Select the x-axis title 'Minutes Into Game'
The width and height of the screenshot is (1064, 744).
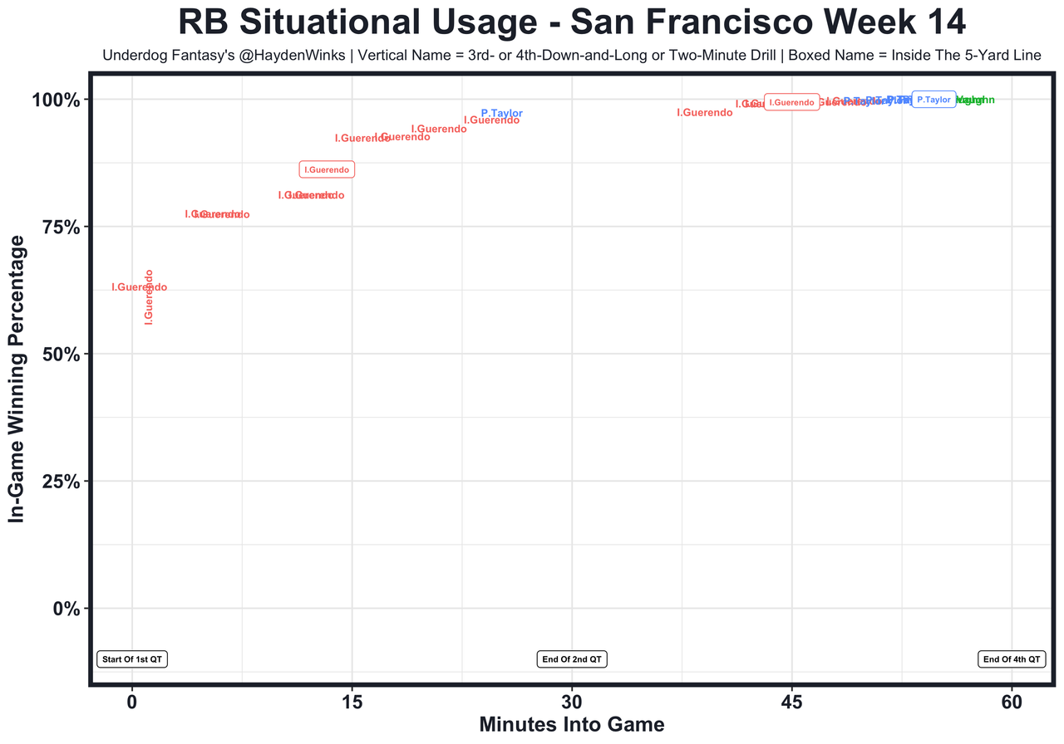(572, 724)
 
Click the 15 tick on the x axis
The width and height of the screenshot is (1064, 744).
(352, 701)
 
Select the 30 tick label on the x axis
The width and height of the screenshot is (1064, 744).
(572, 701)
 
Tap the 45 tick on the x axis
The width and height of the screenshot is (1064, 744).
(791, 701)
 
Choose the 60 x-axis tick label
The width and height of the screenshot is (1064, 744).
(1012, 701)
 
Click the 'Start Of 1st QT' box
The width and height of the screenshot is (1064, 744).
(133, 659)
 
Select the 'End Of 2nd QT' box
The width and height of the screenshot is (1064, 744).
(573, 659)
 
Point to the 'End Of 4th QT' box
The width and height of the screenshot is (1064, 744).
(1011, 659)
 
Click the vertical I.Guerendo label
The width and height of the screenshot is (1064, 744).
(150, 296)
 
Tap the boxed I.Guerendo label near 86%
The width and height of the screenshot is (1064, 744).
(327, 169)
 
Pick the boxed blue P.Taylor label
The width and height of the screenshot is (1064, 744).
(933, 100)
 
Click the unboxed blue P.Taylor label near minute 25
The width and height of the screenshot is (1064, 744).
(502, 113)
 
